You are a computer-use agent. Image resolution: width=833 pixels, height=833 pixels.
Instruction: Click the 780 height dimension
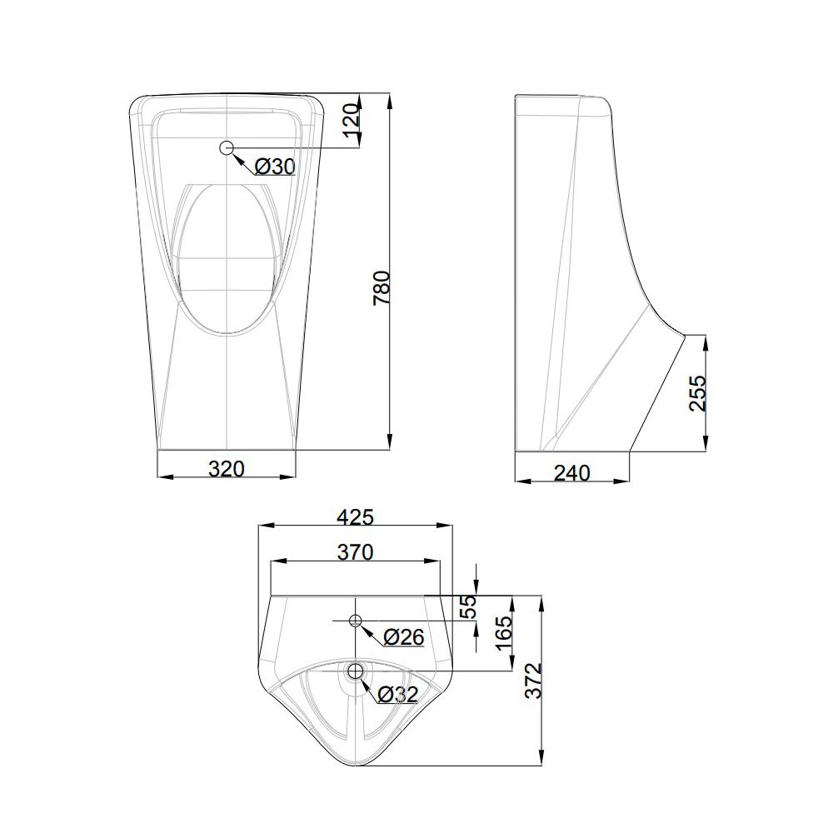[382, 288]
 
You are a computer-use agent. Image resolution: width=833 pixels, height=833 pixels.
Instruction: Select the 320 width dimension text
[227, 468]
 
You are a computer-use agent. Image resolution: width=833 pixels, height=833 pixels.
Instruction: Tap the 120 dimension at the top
[352, 120]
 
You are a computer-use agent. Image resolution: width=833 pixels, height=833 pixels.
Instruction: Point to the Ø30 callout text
[275, 167]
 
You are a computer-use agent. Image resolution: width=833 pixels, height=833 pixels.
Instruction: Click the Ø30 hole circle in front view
[227, 147]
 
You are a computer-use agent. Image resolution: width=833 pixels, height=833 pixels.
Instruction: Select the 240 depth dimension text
[571, 472]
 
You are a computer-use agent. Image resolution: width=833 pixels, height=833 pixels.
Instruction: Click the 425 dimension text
[356, 516]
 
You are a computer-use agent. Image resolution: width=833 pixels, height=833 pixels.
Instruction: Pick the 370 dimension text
[356, 552]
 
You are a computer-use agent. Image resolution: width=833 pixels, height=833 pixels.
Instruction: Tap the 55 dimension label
[468, 606]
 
